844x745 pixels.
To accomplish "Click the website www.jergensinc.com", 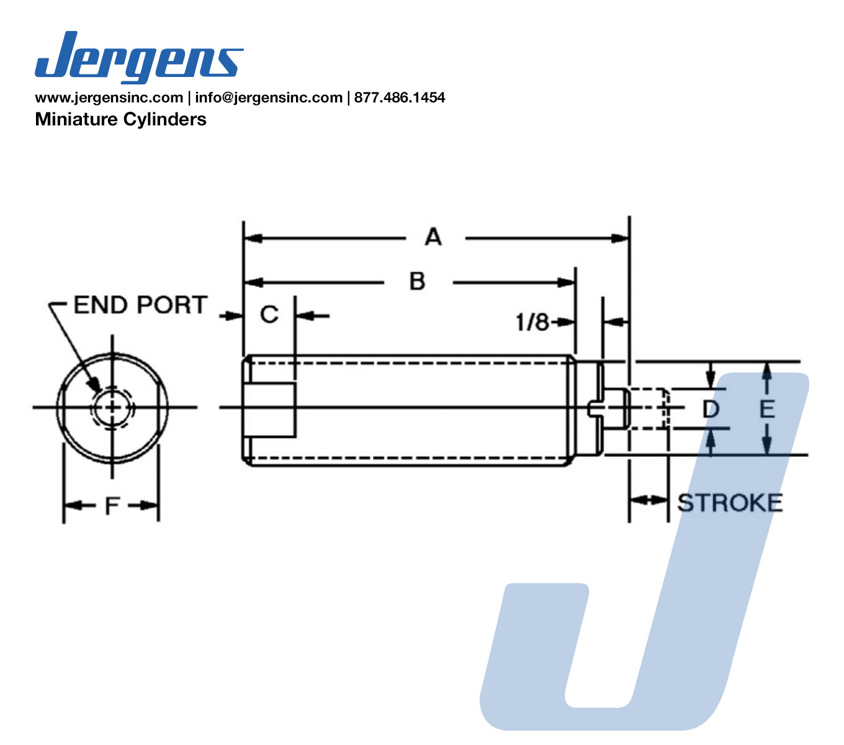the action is point(109,97).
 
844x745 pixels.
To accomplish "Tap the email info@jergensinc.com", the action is point(269,97).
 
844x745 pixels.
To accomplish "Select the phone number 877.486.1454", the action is point(400,97).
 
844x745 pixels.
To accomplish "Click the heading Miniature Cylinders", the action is point(120,119).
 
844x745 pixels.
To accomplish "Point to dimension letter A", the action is point(433,237).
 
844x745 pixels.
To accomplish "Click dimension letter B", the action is point(417,281).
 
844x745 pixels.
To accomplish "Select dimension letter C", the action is point(269,314).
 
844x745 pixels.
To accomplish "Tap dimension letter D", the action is point(711,409).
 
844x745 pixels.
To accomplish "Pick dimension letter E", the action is point(767,409).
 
